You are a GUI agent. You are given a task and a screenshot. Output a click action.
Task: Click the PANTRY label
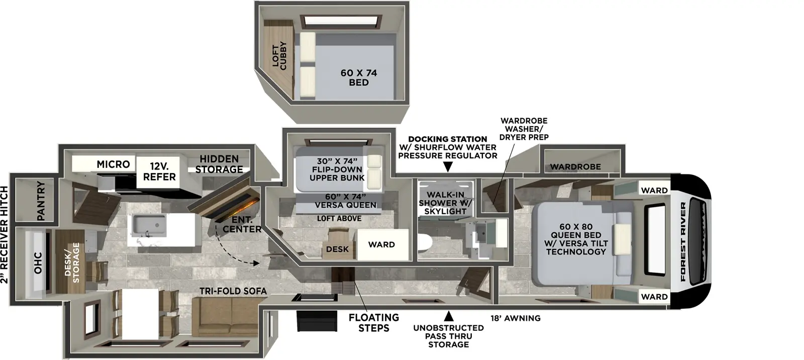pos(41,201)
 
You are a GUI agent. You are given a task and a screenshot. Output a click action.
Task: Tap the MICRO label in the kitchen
pos(113,164)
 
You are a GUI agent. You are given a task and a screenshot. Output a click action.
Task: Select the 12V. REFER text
pos(159,171)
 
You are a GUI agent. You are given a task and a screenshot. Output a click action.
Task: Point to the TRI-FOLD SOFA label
pos(233,291)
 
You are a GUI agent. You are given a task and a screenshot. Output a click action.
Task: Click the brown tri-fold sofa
pos(229,317)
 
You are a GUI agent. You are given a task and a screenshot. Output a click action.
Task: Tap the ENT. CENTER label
pos(242,224)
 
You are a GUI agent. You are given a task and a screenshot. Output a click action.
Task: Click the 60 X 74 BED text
pos(358,77)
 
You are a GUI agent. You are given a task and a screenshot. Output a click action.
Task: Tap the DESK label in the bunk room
pos(337,249)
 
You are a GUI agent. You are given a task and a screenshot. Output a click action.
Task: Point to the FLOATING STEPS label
pos(373,322)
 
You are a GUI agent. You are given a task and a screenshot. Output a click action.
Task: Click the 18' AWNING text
pos(516,318)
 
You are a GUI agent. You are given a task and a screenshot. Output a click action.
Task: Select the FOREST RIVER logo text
pos(683,242)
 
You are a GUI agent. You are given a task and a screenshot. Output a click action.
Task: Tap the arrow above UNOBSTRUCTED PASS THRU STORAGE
pos(448,316)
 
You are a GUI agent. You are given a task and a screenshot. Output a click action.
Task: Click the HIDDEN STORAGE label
pos(219,164)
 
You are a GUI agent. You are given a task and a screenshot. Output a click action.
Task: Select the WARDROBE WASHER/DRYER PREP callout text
pos(524,129)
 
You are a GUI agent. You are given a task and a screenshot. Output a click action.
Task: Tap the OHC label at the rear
pos(38,263)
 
